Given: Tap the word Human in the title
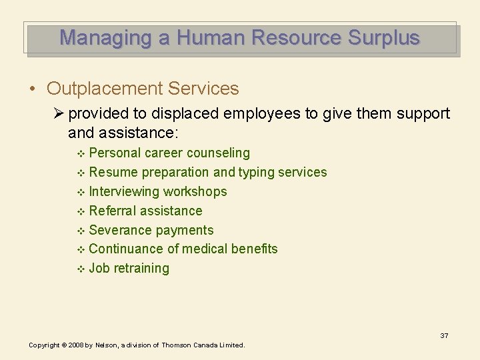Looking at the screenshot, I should click(x=214, y=37).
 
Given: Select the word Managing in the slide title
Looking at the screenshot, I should click(x=107, y=37).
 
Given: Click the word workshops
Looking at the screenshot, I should click(x=195, y=192).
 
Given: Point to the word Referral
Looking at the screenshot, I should click(x=111, y=211).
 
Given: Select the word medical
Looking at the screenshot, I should click(x=205, y=249).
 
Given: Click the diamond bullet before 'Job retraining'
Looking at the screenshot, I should click(x=81, y=269).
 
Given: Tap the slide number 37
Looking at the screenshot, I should click(x=444, y=335).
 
